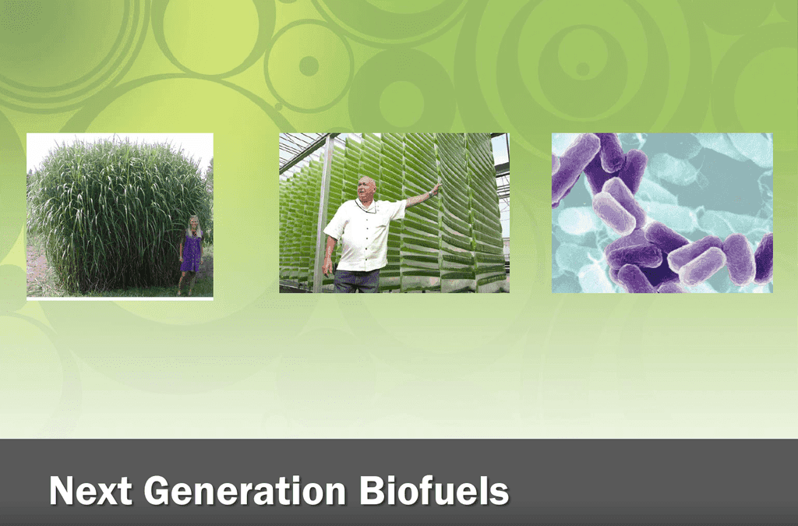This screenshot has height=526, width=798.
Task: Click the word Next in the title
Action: (90, 490)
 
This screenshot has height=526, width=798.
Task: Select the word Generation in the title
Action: (245, 490)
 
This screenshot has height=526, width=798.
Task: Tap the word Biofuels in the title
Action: (434, 490)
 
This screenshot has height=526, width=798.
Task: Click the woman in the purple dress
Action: (191, 255)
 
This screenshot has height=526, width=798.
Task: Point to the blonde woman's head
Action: (193, 223)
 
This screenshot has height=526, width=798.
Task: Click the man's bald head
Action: (366, 186)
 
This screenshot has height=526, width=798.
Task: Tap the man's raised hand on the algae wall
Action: (436, 189)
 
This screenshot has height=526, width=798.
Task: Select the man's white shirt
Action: (365, 235)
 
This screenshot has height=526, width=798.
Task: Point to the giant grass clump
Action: (117, 216)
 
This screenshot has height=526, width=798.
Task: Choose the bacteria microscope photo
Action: (662, 213)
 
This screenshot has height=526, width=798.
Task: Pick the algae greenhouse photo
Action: (394, 213)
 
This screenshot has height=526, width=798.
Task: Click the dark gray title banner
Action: (399, 482)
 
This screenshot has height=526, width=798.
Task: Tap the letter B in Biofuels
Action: (371, 490)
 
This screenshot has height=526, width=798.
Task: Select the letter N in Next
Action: (62, 490)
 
